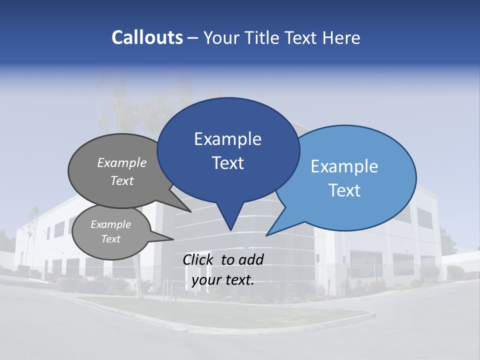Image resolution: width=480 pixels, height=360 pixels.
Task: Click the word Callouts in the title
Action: coord(147,37)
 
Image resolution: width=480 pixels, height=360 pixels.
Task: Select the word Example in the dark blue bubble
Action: coord(227,139)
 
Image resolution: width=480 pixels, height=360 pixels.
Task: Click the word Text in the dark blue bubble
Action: coord(227,163)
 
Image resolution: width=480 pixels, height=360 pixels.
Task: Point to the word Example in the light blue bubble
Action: coord(344,166)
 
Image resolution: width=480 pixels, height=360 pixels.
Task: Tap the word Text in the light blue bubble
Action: coord(344,190)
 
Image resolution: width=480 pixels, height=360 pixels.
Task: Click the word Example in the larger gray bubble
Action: coord(122,162)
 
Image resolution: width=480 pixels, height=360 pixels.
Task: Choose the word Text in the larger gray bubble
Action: coord(122,180)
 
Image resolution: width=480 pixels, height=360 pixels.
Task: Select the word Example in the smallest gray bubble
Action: coord(110,224)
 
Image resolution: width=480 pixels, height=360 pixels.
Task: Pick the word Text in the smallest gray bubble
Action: coord(110,239)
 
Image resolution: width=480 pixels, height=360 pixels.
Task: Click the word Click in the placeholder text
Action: coord(197,259)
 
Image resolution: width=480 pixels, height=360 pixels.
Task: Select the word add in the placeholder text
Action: coord(251,259)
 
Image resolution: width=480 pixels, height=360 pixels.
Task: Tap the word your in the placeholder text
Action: coord(205,280)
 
